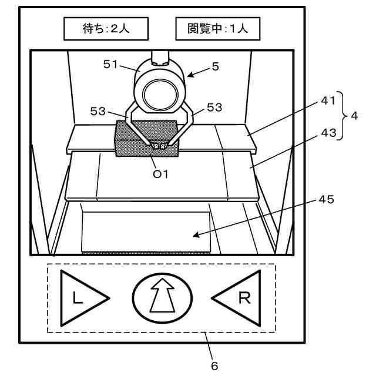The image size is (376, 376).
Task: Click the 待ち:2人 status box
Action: click(106, 28)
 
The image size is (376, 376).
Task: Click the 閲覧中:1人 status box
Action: click(217, 28)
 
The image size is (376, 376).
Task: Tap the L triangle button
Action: click(82, 298)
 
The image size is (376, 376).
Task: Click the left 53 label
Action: click(98, 110)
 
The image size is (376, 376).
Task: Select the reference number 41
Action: click(327, 101)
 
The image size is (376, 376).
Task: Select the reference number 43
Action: click(327, 133)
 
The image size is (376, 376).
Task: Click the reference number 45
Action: click(327, 199)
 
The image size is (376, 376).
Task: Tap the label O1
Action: click(160, 174)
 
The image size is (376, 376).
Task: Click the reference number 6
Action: click(214, 365)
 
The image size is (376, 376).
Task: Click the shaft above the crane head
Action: click(160, 58)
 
